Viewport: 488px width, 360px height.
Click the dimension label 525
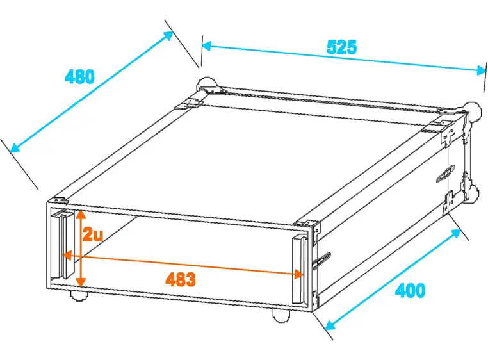pyautogui.click(x=341, y=47)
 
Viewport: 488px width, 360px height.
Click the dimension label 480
pyautogui.click(x=80, y=77)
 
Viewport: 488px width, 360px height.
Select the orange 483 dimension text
pyautogui.click(x=180, y=279)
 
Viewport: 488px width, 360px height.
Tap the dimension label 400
pyautogui.click(x=410, y=290)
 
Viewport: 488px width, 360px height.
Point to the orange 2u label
pyautogui.click(x=93, y=234)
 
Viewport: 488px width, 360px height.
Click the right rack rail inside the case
pyautogui.click(x=299, y=269)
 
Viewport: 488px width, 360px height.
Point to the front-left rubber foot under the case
pyautogui.click(x=79, y=296)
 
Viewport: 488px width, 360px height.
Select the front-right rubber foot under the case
pyautogui.click(x=281, y=315)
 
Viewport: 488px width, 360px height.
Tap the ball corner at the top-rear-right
pyautogui.click(x=473, y=110)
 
